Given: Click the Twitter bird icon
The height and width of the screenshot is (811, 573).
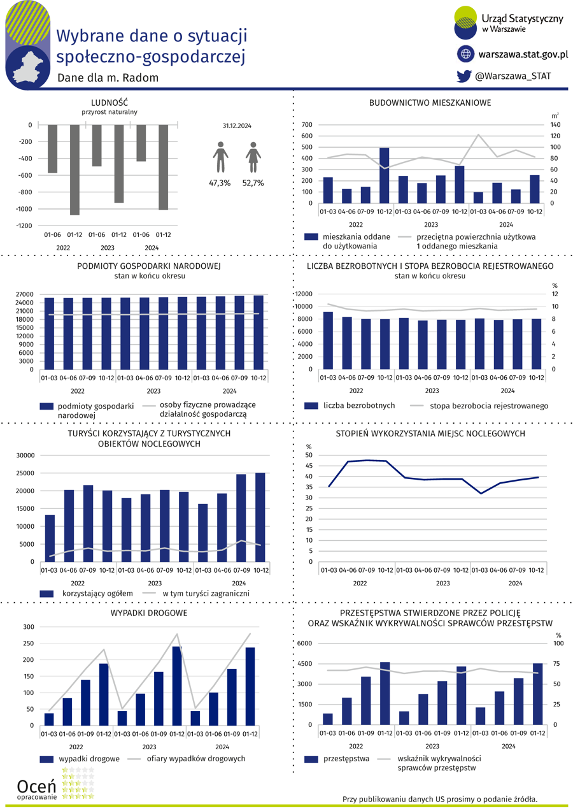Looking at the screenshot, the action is coord(463,76).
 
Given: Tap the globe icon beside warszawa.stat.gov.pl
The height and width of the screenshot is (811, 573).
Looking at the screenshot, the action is coord(465,54).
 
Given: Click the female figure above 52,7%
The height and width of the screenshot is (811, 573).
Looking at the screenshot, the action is coord(253,157).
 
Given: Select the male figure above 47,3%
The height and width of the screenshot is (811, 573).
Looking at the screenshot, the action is coord(220,157).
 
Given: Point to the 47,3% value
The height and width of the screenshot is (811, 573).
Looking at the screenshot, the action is coord(220,183).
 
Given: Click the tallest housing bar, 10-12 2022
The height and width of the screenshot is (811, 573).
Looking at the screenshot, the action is coord(384,175).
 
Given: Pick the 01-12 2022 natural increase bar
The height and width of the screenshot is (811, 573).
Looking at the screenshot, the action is coord(74,170).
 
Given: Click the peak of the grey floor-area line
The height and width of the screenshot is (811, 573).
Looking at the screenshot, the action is coord(478,134).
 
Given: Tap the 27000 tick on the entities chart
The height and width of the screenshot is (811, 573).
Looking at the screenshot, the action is coord(24,294).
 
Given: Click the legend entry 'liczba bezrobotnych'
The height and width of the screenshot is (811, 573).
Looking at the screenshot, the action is coord(359,405).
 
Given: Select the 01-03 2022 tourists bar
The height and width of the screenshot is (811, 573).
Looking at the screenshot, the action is coord(50,538).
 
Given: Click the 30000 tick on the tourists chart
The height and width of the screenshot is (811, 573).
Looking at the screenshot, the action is coord(25,456).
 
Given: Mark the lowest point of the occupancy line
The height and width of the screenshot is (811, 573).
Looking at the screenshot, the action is coord(481,494).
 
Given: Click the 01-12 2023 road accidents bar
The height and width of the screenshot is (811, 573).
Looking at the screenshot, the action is coord(177,685).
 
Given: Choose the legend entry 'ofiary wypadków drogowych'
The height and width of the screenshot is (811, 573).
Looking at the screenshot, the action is coord(195,759).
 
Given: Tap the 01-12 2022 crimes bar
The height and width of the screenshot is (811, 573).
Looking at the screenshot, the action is coord(385,693).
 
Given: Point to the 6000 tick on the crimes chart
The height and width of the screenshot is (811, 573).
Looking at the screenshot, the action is coord(304,643).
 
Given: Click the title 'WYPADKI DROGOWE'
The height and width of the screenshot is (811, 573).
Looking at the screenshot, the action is coord(149,613).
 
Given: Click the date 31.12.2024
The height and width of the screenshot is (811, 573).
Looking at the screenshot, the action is coord(237,126).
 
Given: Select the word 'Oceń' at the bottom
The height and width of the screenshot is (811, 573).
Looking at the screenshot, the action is coord(36,786).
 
